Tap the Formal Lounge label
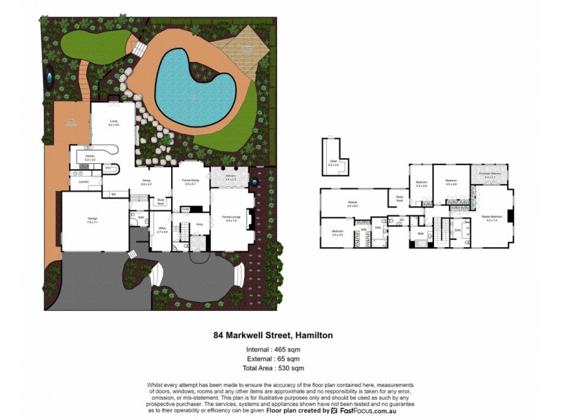(231, 218)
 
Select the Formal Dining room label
(191, 183)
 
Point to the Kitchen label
(90, 156)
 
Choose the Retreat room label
(353, 204)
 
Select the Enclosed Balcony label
(489, 174)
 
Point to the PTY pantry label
(108, 169)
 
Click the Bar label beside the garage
(112, 194)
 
